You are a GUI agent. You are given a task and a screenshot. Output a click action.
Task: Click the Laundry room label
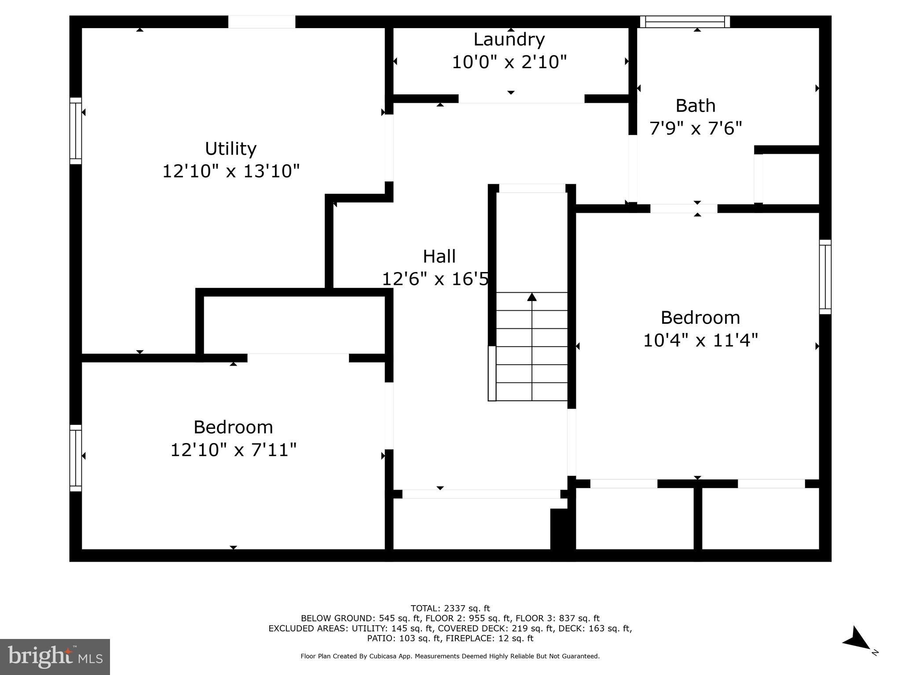[509, 40]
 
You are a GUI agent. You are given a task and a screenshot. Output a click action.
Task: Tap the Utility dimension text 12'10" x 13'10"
[231, 171]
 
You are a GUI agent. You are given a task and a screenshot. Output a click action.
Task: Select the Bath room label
[696, 106]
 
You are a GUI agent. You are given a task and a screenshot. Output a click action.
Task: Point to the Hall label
[439, 257]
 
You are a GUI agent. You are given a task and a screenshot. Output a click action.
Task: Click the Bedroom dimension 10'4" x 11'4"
[700, 340]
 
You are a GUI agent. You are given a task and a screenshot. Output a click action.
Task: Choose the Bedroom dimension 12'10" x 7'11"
[233, 450]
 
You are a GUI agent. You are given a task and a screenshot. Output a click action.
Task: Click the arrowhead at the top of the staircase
[532, 297]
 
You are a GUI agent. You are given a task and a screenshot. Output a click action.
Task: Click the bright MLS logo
[55, 657]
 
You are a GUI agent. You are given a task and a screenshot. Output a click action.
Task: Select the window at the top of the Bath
[685, 22]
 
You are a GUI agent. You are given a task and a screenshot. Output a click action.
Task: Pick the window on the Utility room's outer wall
[76, 131]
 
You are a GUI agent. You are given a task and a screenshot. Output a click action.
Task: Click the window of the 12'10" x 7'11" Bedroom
[76, 458]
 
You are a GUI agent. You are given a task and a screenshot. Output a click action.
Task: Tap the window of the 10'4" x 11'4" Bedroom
[825, 277]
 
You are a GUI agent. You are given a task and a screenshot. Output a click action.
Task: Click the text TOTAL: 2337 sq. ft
[450, 608]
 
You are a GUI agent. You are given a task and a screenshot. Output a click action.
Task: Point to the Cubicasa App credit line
[450, 656]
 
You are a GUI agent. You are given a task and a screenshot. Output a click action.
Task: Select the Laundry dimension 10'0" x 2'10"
[509, 62]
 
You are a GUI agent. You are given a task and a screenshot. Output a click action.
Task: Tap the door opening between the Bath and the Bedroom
[684, 209]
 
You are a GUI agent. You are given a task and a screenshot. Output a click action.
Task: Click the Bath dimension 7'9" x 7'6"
[696, 128]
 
